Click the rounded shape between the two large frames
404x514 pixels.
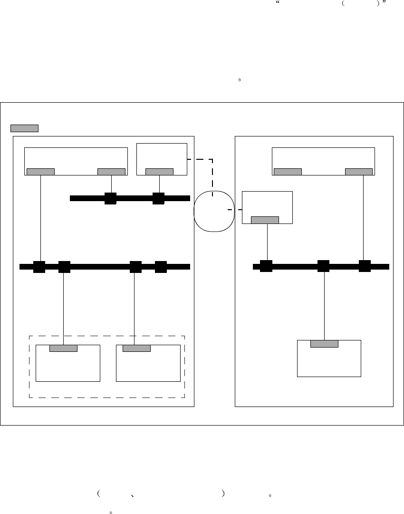coord(214,211)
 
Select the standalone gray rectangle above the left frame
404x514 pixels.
coord(24,128)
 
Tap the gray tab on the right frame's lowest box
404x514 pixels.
coord(324,344)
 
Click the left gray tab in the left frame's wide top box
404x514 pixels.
coord(40,172)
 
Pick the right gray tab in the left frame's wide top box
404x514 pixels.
coord(111,172)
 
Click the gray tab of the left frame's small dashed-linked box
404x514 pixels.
coord(159,172)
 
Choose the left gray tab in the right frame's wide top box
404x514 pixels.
coord(288,172)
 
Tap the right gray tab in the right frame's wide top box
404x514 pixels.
coord(358,172)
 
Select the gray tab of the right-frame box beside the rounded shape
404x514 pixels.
coord(265,220)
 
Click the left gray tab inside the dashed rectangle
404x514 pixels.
coord(63,348)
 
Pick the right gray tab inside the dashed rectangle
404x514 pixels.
coord(136,348)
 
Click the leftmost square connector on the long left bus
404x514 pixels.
coord(39,267)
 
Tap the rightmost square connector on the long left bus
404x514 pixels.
coord(161,267)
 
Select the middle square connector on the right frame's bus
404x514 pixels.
coord(323,266)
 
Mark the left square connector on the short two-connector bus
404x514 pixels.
coord(110,198)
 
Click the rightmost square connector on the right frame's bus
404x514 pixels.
coord(365,266)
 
